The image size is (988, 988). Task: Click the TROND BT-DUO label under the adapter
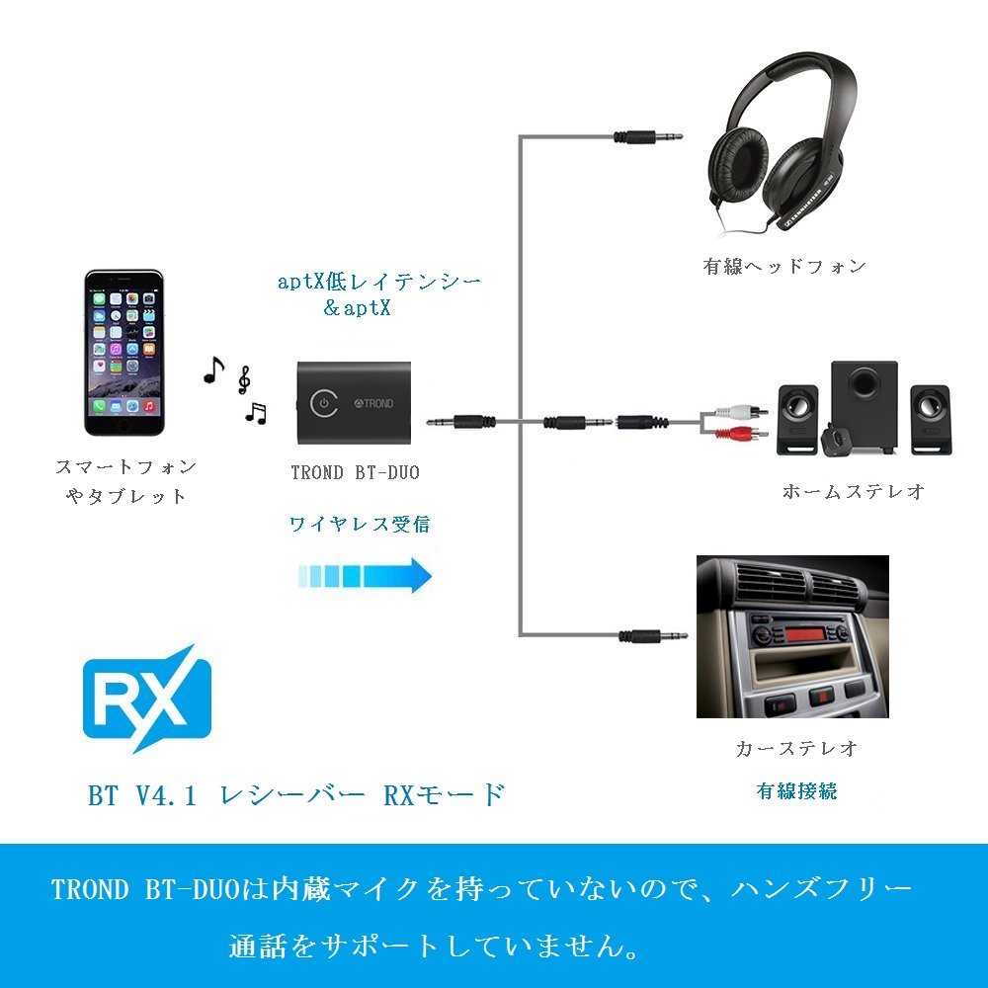355,472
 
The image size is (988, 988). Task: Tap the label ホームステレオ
853,491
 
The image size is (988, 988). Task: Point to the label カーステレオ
796,748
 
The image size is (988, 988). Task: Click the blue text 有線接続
796,790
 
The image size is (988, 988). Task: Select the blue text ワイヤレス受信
360,524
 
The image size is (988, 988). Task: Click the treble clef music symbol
244,378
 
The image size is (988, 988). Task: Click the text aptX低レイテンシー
379,282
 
